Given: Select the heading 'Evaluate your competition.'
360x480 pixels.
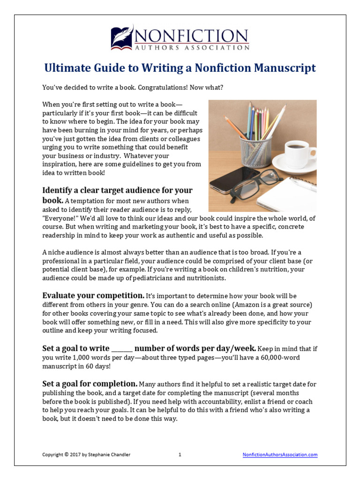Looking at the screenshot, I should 93,296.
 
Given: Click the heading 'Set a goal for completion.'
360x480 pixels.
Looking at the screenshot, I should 90,383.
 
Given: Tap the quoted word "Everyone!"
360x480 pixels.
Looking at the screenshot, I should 58,218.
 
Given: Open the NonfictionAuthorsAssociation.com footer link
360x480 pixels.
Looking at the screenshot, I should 280,455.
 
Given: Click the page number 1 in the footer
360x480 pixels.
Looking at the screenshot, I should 180,455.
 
